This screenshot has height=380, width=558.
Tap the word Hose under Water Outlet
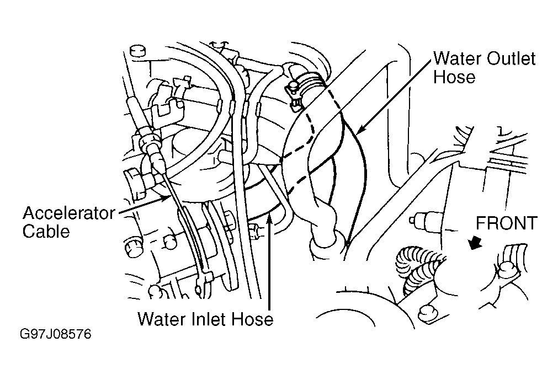[x=454, y=77]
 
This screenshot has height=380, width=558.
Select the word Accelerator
[x=68, y=213]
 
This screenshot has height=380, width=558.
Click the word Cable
[x=46, y=231]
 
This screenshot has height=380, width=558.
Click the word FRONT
[x=507, y=223]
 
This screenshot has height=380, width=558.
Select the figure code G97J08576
[x=55, y=335]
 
